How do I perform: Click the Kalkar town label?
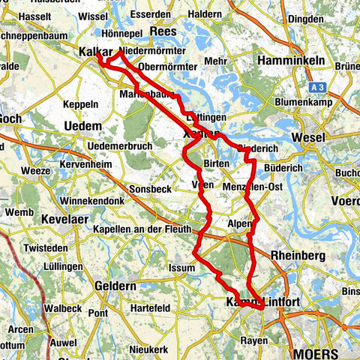(x=94, y=52)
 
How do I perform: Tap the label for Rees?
(x=163, y=31)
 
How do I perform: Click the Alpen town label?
(x=240, y=223)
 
